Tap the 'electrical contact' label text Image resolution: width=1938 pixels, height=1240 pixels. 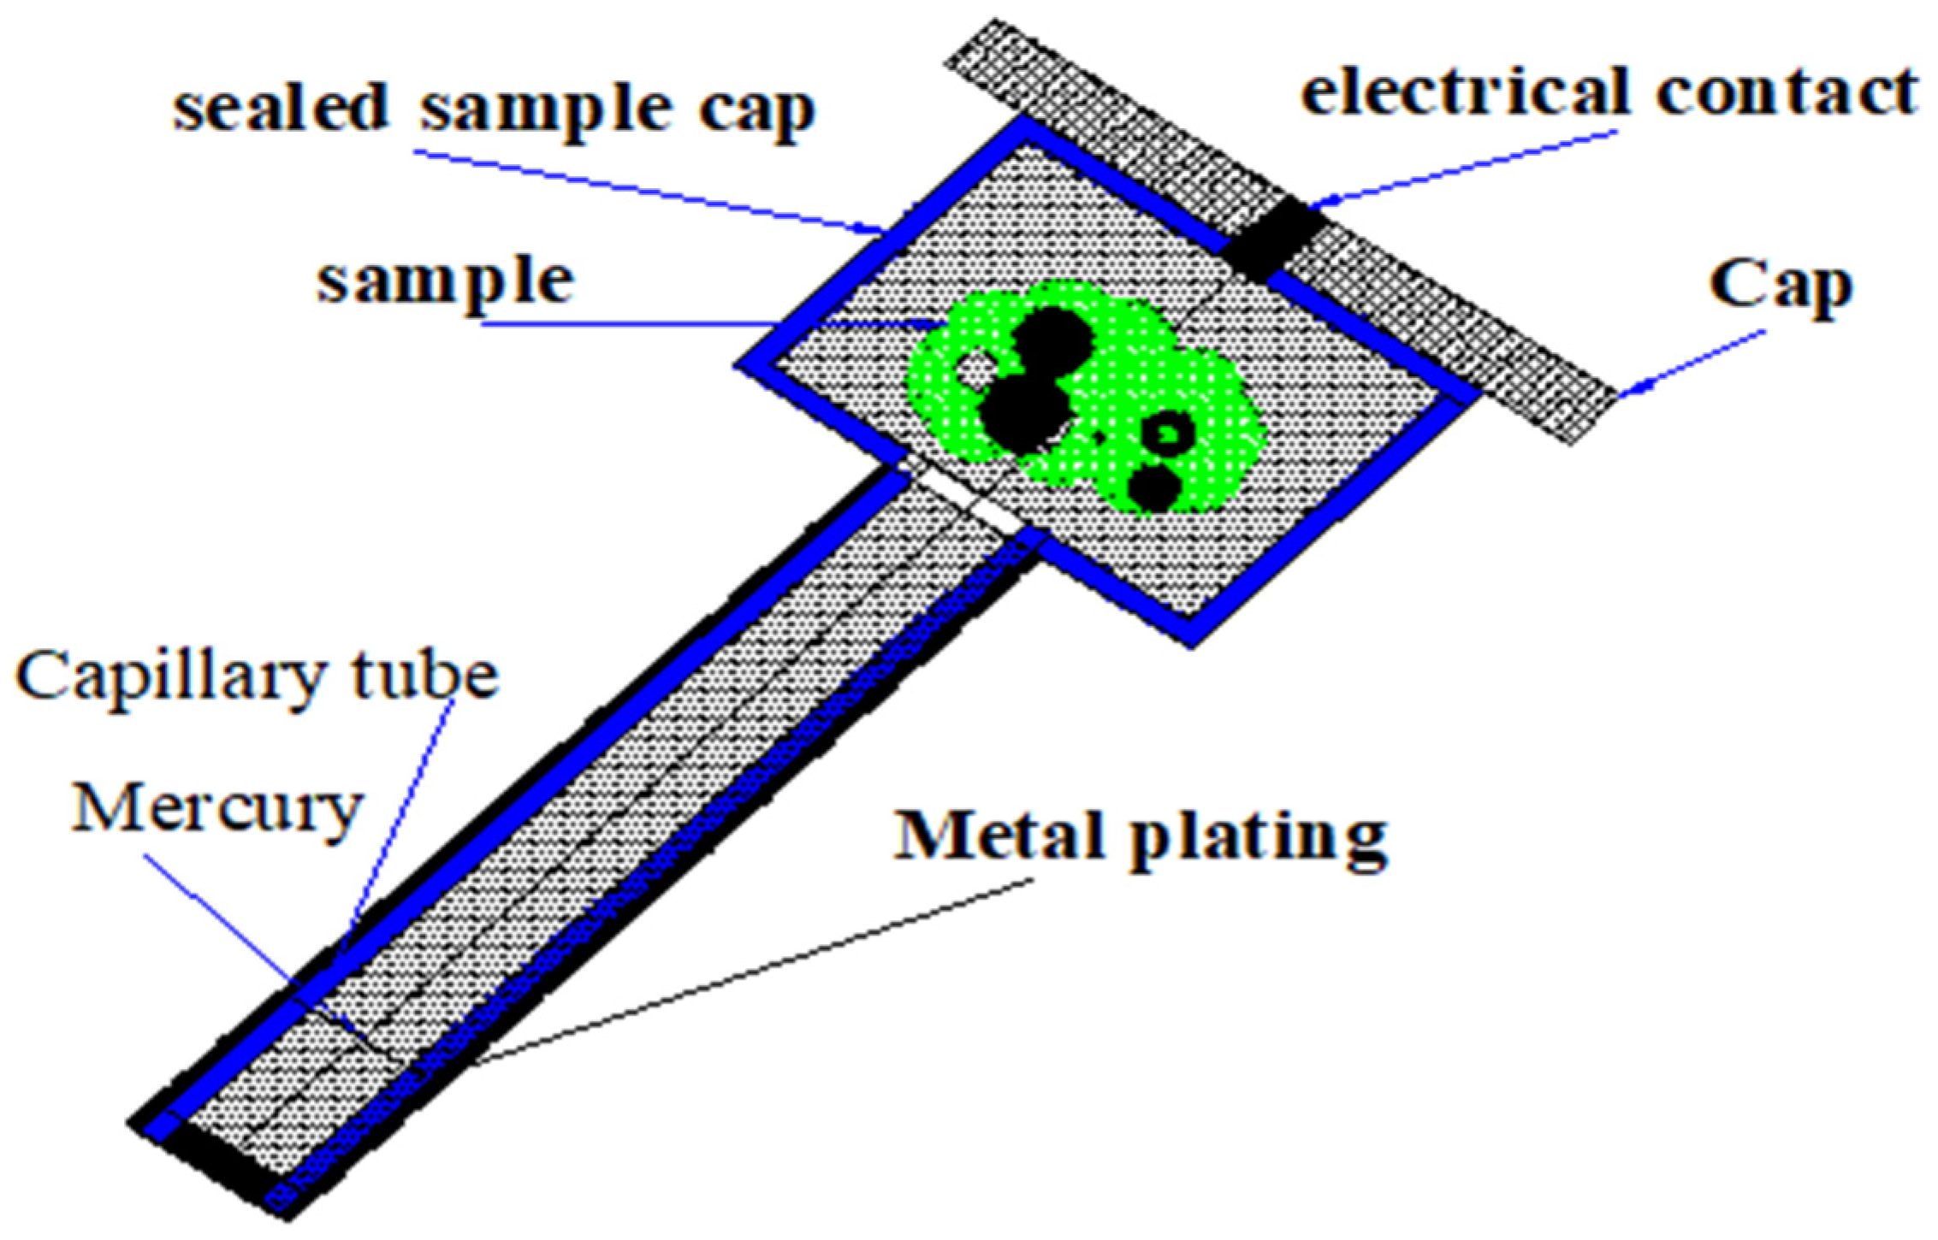(x=1609, y=92)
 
